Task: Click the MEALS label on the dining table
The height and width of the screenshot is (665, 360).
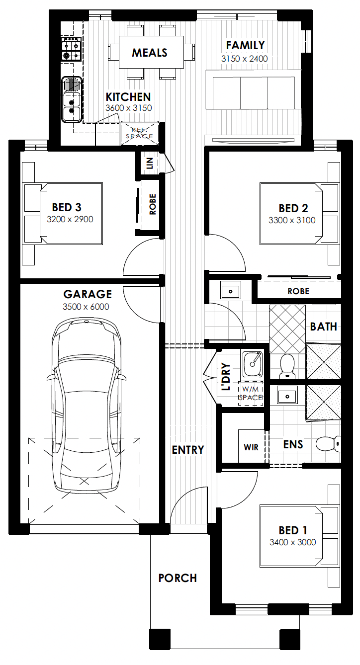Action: (149, 53)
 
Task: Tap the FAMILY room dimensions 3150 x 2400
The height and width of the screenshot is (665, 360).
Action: (244, 59)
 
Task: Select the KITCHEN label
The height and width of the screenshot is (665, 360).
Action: (128, 97)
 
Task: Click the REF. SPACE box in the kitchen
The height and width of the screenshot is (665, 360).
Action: (139, 133)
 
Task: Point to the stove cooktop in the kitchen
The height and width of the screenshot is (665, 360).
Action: (71, 49)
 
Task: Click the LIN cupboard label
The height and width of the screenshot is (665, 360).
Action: (150, 163)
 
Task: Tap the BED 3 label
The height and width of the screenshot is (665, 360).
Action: (67, 207)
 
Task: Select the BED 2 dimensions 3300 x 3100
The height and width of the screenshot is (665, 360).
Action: (292, 220)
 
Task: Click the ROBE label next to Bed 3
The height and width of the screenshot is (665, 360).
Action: (152, 204)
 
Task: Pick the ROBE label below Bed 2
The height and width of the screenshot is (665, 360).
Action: (298, 291)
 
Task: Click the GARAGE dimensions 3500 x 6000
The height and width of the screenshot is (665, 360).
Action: (86, 307)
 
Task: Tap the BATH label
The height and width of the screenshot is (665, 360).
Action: (324, 327)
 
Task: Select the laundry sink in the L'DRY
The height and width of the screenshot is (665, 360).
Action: (253, 364)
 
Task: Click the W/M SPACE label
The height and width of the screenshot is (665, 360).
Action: (251, 393)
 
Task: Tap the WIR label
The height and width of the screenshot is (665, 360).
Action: (251, 447)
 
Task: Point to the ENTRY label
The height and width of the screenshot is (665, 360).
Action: (188, 450)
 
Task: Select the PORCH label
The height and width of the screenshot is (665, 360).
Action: (178, 578)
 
